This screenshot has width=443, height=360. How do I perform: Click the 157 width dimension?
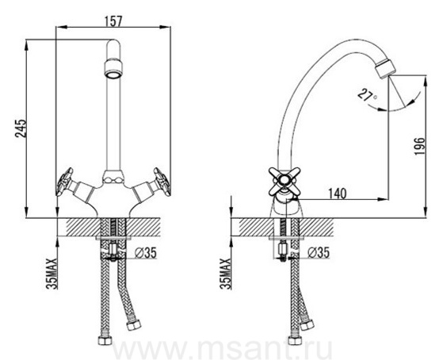pos(113,21)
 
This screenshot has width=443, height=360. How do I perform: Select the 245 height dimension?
pos(21,128)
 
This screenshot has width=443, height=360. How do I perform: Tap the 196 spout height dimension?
pos(419,146)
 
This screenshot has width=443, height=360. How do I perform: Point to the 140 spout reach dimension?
pos(337,193)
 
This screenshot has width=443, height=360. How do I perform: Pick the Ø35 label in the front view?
pos(145,252)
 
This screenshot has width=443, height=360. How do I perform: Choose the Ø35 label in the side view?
pos(319,252)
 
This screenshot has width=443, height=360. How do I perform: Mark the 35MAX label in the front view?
pos(52,274)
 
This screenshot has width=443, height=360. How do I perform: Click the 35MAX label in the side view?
pos(226,274)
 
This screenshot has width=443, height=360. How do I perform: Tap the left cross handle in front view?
pos(65,182)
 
